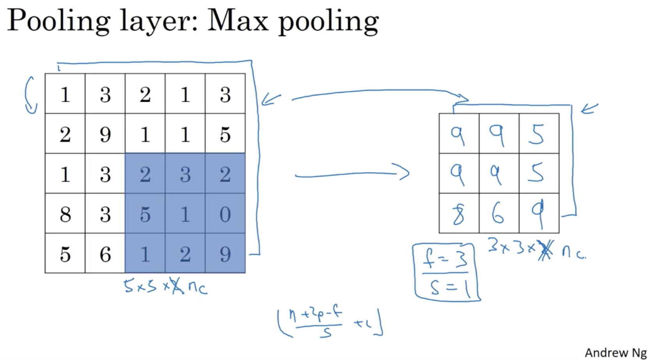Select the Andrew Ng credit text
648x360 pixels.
click(x=615, y=353)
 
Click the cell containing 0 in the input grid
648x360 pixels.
click(x=225, y=214)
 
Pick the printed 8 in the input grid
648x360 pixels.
click(x=65, y=214)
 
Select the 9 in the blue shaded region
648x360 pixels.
click(x=225, y=254)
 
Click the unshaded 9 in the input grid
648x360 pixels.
click(x=105, y=134)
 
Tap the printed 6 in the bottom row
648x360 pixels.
click(x=105, y=254)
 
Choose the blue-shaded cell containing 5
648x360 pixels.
click(x=145, y=214)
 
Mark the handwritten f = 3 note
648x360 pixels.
click(x=446, y=259)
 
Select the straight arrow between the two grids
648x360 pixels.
click(x=352, y=174)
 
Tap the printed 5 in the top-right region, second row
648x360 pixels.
click(x=225, y=134)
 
